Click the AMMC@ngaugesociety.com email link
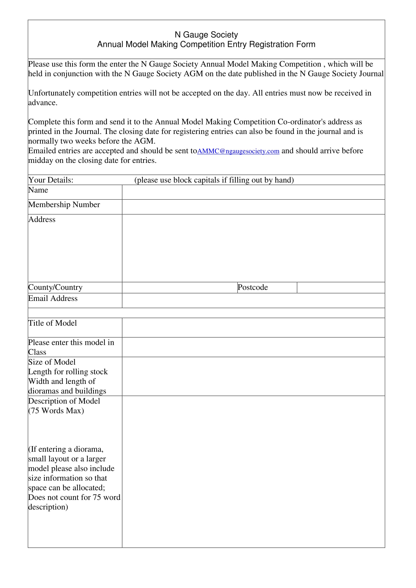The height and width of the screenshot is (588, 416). click(x=238, y=151)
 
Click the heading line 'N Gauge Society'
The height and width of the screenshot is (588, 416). click(x=206, y=35)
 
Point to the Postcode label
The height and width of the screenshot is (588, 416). click(x=253, y=287)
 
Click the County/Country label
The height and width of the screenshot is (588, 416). click(x=55, y=287)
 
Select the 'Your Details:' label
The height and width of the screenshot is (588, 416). click(x=51, y=180)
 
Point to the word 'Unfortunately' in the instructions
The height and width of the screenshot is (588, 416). click(x=52, y=93)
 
